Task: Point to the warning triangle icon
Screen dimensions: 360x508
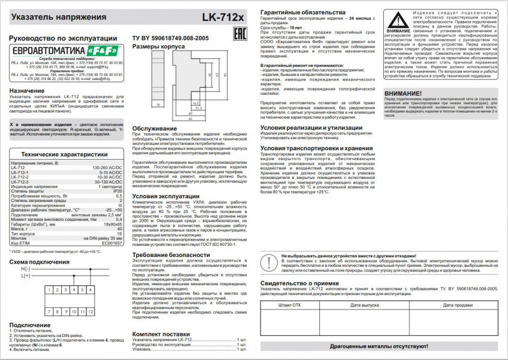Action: [x=399, y=21]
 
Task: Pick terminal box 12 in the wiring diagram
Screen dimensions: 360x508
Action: [x=91, y=311]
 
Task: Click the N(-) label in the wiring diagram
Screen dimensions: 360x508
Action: [x=26, y=268]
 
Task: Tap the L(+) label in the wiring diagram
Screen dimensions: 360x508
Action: [x=26, y=275]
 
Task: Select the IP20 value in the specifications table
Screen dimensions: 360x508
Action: [x=118, y=192]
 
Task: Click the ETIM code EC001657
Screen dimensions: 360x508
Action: [x=112, y=243]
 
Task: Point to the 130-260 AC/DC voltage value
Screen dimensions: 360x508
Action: [x=107, y=168]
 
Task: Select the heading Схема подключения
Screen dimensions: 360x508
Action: [x=39, y=262]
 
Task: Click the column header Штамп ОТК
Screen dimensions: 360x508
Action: [x=289, y=305]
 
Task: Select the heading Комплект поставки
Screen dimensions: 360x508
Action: [x=161, y=333]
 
